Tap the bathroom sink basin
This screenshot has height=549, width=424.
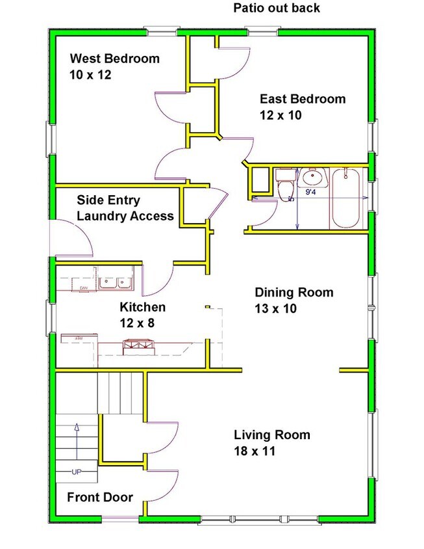coord(314,176)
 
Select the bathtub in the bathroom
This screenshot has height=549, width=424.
coord(349,198)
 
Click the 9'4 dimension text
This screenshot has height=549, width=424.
coord(311,192)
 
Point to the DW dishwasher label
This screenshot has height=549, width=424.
coord(83,288)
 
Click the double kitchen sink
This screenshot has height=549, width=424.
coord(115,282)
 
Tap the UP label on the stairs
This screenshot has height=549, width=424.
coord(77,471)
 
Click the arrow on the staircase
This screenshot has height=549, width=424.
coord(77,442)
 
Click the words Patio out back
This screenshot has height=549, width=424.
coord(277,8)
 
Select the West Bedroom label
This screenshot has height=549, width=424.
coord(114,59)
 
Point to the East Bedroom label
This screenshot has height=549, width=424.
coord(303,99)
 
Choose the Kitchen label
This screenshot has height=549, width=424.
coord(142,307)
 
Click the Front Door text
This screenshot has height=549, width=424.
coord(100,498)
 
